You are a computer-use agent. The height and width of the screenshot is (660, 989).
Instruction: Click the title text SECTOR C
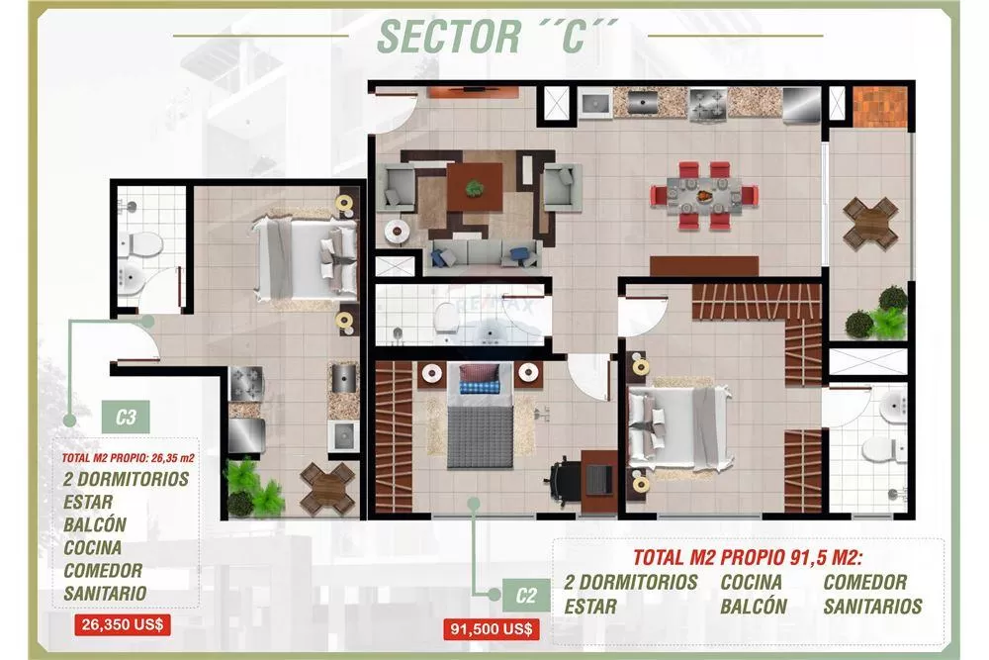point(497,37)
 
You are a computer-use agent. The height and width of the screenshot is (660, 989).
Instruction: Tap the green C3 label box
point(126,417)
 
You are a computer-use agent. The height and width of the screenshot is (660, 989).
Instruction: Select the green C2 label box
point(525,596)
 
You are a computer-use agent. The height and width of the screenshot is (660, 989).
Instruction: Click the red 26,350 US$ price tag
point(123,624)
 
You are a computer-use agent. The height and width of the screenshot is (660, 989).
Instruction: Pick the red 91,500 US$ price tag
point(491,629)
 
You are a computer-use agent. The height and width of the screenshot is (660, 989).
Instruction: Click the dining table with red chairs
point(704,196)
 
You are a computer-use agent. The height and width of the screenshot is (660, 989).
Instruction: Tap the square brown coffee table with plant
point(475,187)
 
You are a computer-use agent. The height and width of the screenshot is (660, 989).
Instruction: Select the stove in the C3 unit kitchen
point(246,383)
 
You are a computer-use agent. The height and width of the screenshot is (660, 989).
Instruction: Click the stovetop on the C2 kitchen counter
point(708,104)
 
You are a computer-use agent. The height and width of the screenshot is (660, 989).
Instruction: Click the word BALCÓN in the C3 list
point(95,525)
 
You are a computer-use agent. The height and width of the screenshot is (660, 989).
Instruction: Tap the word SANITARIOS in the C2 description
point(872,607)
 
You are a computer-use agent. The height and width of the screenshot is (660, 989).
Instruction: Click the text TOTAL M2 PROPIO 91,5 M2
point(748,558)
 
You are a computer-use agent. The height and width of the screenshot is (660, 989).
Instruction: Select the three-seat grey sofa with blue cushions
point(485,254)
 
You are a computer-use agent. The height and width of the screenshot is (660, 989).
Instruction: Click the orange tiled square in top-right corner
point(880,106)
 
